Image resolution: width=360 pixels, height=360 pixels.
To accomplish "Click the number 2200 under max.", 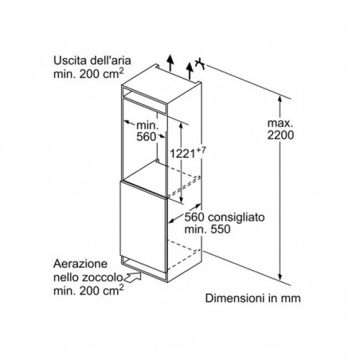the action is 280,135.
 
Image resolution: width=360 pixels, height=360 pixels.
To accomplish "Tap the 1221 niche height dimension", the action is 182,154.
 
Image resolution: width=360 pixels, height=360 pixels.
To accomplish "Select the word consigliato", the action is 237,217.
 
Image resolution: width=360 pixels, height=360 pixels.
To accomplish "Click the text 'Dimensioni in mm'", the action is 253,298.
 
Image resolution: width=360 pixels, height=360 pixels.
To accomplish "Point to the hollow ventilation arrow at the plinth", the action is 132,278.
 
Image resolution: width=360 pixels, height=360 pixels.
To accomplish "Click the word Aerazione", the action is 80,264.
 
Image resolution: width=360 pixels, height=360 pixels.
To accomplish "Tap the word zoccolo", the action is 103,277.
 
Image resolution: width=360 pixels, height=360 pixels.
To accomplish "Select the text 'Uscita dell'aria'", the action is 92,61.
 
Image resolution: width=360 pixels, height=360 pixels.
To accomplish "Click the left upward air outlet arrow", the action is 170,63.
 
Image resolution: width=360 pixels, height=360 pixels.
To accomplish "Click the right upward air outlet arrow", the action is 190,71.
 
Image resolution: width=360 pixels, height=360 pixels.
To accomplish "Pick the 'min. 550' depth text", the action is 207,229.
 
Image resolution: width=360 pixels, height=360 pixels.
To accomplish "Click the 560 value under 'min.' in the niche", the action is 146,137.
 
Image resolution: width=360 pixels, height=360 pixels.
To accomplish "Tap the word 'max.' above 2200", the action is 280,123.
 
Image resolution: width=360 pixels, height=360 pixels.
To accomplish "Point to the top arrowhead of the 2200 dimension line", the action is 280,99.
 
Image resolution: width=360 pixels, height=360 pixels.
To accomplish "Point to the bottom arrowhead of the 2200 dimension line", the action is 280,278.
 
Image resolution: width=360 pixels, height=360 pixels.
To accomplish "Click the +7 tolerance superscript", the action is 201,151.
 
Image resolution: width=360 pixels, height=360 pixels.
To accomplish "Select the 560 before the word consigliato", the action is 194,217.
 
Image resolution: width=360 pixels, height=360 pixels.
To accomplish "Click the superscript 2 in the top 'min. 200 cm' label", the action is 122,71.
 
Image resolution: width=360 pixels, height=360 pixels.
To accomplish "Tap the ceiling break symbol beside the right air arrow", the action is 200,65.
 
